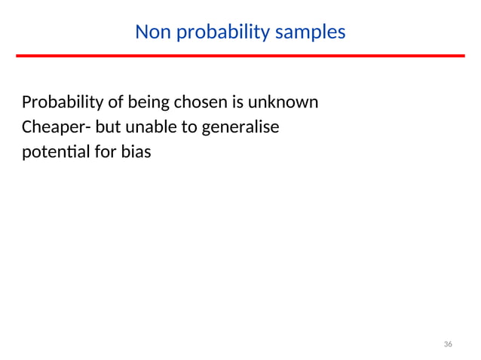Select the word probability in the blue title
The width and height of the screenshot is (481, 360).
click(x=216, y=32)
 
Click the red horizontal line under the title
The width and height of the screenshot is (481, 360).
click(x=240, y=56)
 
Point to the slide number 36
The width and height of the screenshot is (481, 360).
click(x=448, y=344)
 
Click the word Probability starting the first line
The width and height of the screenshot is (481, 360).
click(x=60, y=102)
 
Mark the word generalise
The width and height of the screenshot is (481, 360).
click(x=239, y=127)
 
